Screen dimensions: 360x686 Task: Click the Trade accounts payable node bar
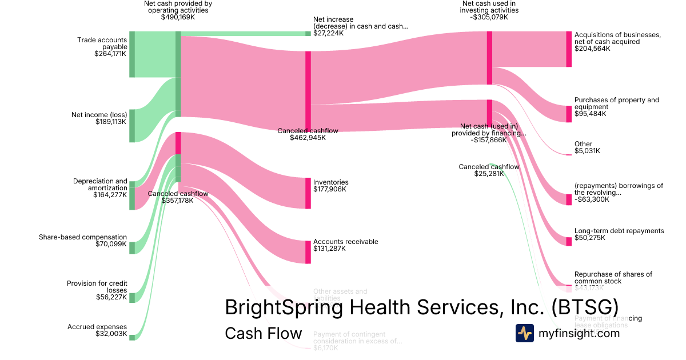(x=132, y=54)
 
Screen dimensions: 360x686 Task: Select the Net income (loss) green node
(x=132, y=126)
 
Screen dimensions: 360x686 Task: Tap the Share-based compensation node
(x=132, y=247)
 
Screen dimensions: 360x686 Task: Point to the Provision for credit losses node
(x=132, y=298)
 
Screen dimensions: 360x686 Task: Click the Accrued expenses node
(x=132, y=338)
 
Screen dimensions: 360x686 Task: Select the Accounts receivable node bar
(x=308, y=252)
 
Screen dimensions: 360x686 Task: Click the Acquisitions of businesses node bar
(x=569, y=49)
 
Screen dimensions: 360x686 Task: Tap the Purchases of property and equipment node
(x=569, y=114)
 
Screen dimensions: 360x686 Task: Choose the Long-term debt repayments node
(x=569, y=242)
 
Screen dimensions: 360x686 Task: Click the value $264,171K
(x=110, y=54)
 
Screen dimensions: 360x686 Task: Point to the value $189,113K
(x=110, y=122)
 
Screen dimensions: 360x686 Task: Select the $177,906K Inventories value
(x=329, y=189)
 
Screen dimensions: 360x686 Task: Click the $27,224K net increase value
(x=329, y=34)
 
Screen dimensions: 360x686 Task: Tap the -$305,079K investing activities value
(x=490, y=17)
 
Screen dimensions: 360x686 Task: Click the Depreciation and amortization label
(x=101, y=185)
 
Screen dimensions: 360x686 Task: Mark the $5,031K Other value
(x=587, y=151)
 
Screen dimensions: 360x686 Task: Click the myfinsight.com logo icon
(x=524, y=333)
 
